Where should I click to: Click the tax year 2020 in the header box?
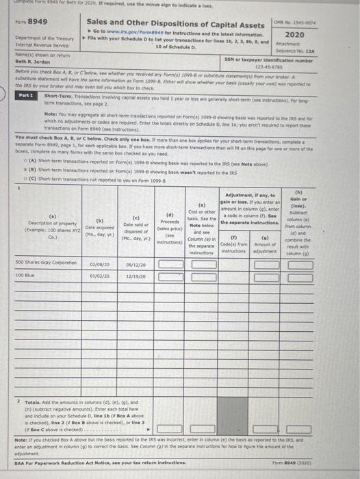click(333, 34)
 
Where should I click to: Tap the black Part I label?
click(27, 96)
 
